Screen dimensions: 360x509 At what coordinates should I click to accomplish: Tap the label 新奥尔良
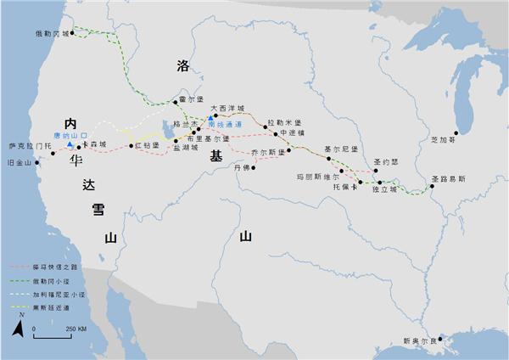coord(422,341)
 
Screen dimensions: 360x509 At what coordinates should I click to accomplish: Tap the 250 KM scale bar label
coord(76,328)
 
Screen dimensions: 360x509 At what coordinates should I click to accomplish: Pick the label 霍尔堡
coord(193,98)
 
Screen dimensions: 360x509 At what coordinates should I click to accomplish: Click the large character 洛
coord(182,65)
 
